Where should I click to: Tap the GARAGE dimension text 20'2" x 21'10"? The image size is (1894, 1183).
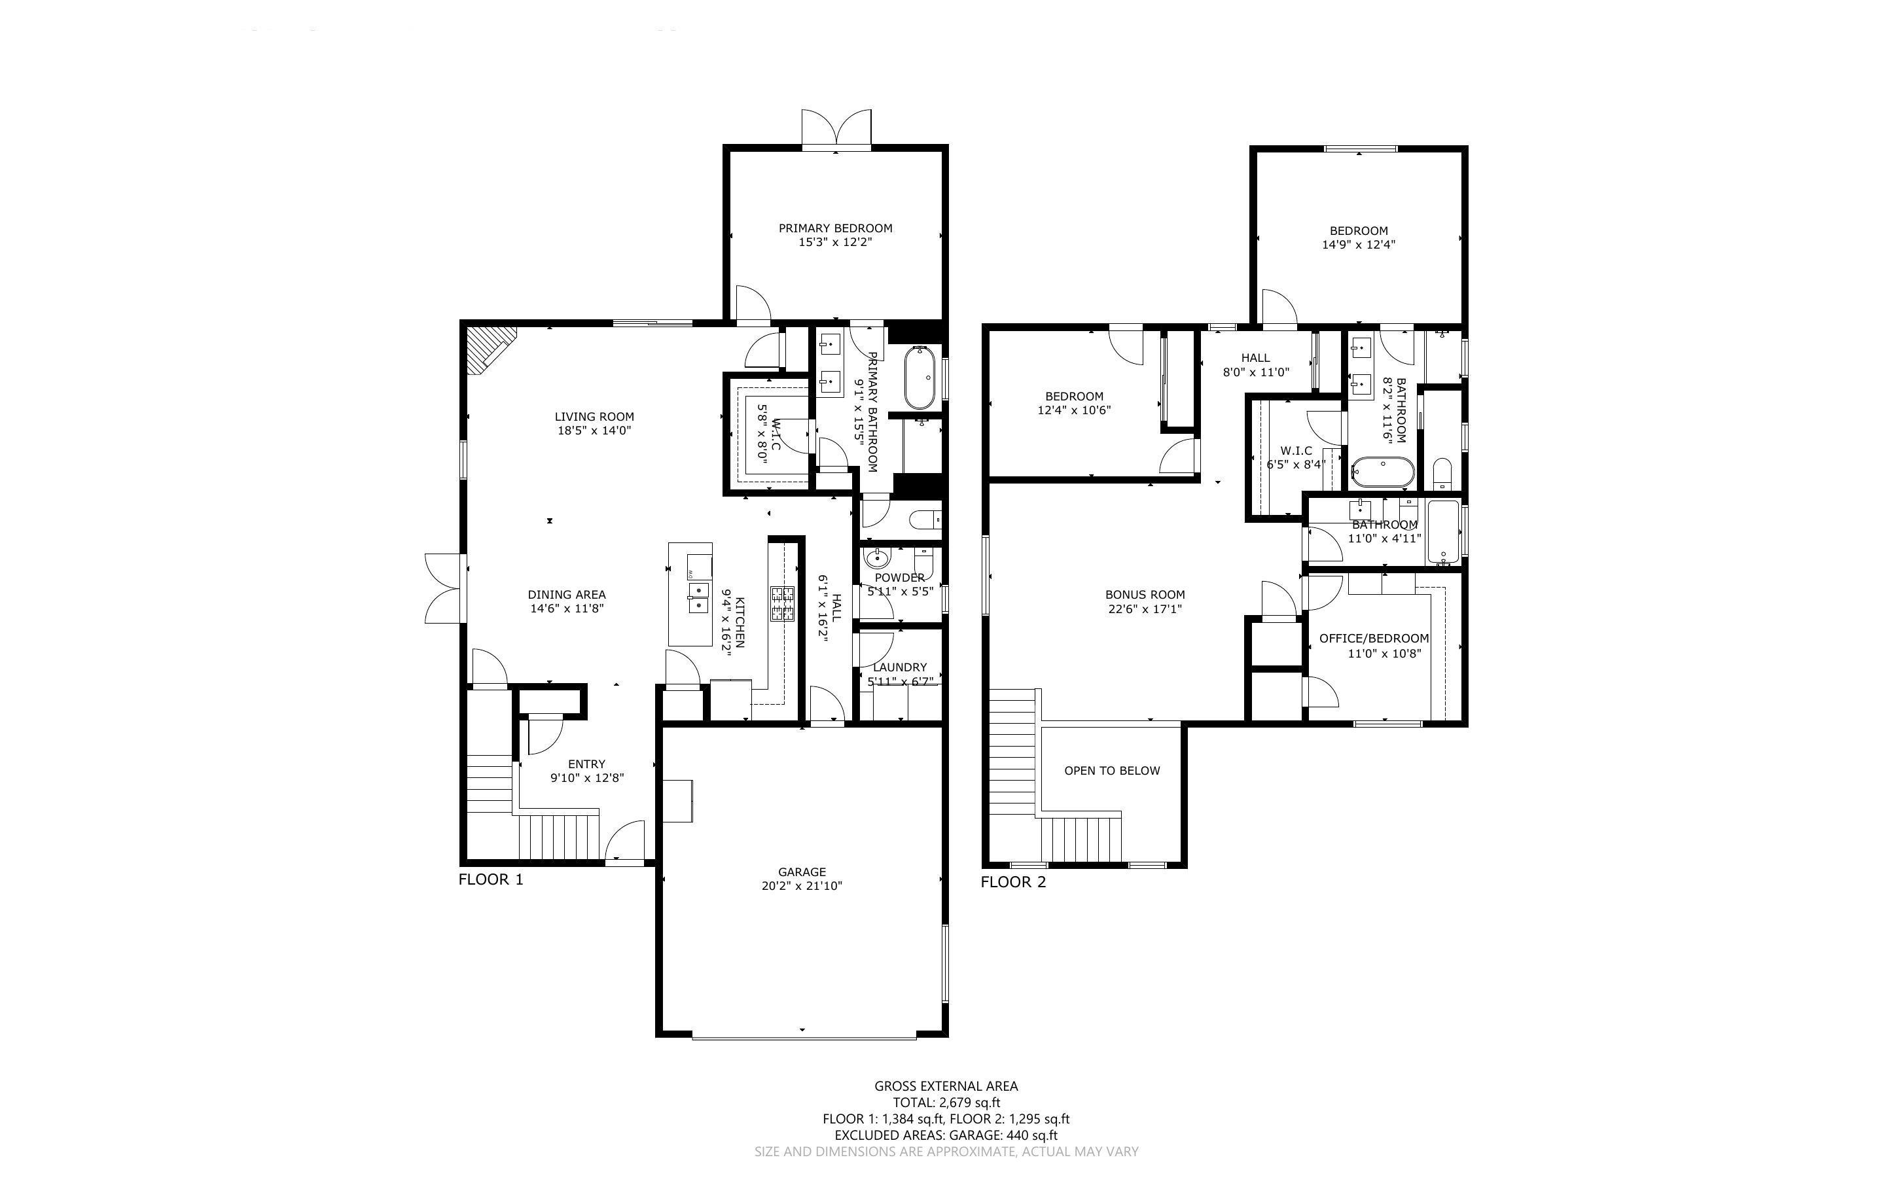coord(801,886)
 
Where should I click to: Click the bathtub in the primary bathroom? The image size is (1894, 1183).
coord(920,378)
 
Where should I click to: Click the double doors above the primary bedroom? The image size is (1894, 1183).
coord(836,128)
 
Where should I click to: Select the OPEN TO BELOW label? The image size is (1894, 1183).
coord(1112,771)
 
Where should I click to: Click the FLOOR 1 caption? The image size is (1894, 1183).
coord(490,879)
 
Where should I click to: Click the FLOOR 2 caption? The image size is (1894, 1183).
coord(1013,883)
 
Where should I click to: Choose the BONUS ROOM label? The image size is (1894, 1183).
coord(1145,595)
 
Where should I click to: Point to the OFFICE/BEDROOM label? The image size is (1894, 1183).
coord(1374,639)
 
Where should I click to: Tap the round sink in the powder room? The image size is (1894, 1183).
coord(877,559)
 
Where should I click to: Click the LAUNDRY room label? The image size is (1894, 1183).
coord(900,667)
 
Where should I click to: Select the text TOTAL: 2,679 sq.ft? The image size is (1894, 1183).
coord(946,1103)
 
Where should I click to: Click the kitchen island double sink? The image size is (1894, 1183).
coord(698,597)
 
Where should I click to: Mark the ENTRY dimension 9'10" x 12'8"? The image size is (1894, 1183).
coord(587,778)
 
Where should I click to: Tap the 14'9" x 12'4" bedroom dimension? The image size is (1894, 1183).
coord(1358,244)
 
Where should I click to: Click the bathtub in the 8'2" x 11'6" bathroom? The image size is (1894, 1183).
coord(1382,472)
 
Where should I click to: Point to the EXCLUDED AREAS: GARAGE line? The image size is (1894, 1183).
coord(946,1135)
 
